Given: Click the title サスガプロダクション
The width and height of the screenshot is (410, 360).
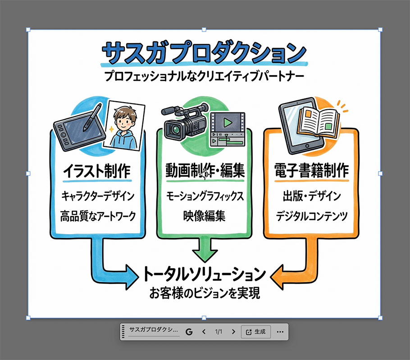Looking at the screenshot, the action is (204, 53).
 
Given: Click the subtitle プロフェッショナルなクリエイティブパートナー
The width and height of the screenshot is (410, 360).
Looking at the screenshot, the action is (204, 76).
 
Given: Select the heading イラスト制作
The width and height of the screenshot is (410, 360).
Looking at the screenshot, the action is (97, 171).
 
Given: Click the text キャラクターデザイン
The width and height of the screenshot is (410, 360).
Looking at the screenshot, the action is (98, 196).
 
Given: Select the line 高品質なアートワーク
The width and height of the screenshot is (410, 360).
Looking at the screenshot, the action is (98, 216).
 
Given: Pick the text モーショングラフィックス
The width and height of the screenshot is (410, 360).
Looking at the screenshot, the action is (205, 196).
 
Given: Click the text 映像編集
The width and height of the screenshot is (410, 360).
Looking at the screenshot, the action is (204, 216).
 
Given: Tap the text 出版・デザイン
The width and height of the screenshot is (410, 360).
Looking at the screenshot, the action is (312, 196).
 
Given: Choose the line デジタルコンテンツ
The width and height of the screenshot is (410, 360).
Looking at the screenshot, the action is (312, 216).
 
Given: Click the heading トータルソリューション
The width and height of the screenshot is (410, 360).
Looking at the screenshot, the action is (205, 274).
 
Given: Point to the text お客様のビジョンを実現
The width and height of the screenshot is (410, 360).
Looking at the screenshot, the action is (205, 293).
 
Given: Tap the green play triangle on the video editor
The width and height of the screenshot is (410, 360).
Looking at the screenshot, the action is (228, 122).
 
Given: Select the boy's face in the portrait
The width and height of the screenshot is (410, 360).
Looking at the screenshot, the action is (124, 121).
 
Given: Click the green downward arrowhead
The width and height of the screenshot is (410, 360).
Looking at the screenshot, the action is (205, 256).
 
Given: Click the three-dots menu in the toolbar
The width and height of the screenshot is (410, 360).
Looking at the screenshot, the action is (280, 332).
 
